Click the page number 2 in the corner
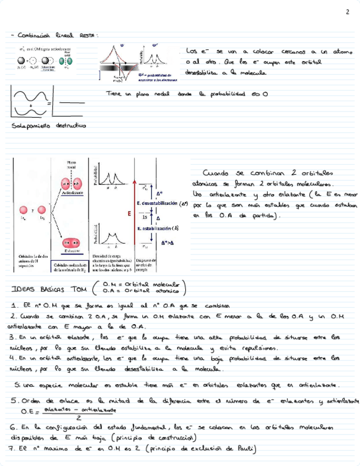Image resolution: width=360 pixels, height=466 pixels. [x=347, y=12]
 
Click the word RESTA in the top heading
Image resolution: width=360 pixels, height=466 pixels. [x=88, y=36]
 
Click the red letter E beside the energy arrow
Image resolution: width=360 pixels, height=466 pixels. [x=129, y=213]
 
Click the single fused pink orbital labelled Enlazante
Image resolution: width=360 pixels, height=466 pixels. [x=72, y=243]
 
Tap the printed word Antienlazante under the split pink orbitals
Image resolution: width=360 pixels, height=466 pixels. [x=72, y=193]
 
